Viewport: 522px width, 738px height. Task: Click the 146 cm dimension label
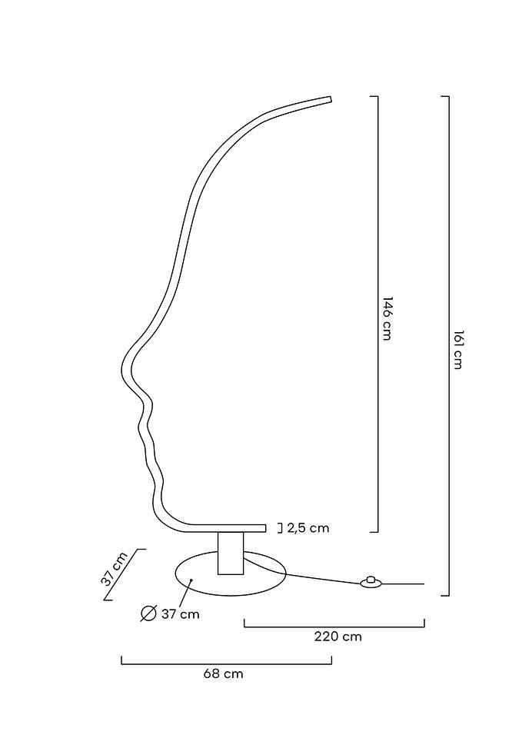click(x=387, y=318)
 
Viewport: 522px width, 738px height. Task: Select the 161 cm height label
click(x=457, y=350)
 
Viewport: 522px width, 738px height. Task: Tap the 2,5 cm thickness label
click(x=308, y=528)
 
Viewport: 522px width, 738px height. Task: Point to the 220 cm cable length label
click(x=338, y=637)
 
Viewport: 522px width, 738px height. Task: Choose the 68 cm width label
click(x=223, y=673)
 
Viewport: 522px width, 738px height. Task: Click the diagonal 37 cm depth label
click(x=115, y=569)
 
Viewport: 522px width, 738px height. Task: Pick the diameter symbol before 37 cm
click(x=149, y=613)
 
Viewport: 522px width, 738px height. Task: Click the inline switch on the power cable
click(x=372, y=583)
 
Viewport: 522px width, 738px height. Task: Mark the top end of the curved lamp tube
click(x=330, y=99)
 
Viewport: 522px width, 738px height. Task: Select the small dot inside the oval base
click(x=191, y=581)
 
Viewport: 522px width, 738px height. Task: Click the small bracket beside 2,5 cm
click(x=279, y=528)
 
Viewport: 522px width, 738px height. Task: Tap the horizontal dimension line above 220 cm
click(x=334, y=627)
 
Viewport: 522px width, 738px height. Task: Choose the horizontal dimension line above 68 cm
click(x=226, y=663)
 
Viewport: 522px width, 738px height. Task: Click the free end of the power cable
click(x=423, y=584)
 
